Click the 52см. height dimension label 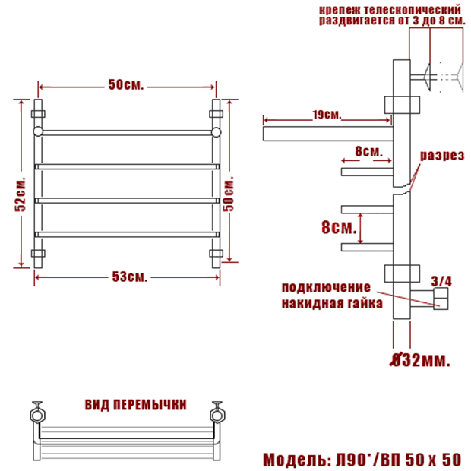coord(21,194)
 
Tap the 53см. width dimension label coord(130,277)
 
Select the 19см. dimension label coord(327,115)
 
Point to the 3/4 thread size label coord(441,281)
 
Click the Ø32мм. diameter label coord(420,360)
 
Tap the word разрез coord(442,156)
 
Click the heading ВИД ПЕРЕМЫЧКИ coord(135,405)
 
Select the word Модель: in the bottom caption coord(297,460)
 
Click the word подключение coord(326,288)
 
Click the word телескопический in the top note coord(412,10)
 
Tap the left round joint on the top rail coord(38,131)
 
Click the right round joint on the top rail coord(216,132)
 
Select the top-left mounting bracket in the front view coord(38,114)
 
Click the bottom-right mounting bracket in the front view coord(216,253)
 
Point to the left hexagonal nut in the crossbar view coord(37,416)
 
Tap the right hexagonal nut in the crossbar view coord(217,416)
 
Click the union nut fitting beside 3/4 coord(441,299)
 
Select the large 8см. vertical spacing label coord(339,227)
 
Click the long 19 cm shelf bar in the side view coord(328,134)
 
